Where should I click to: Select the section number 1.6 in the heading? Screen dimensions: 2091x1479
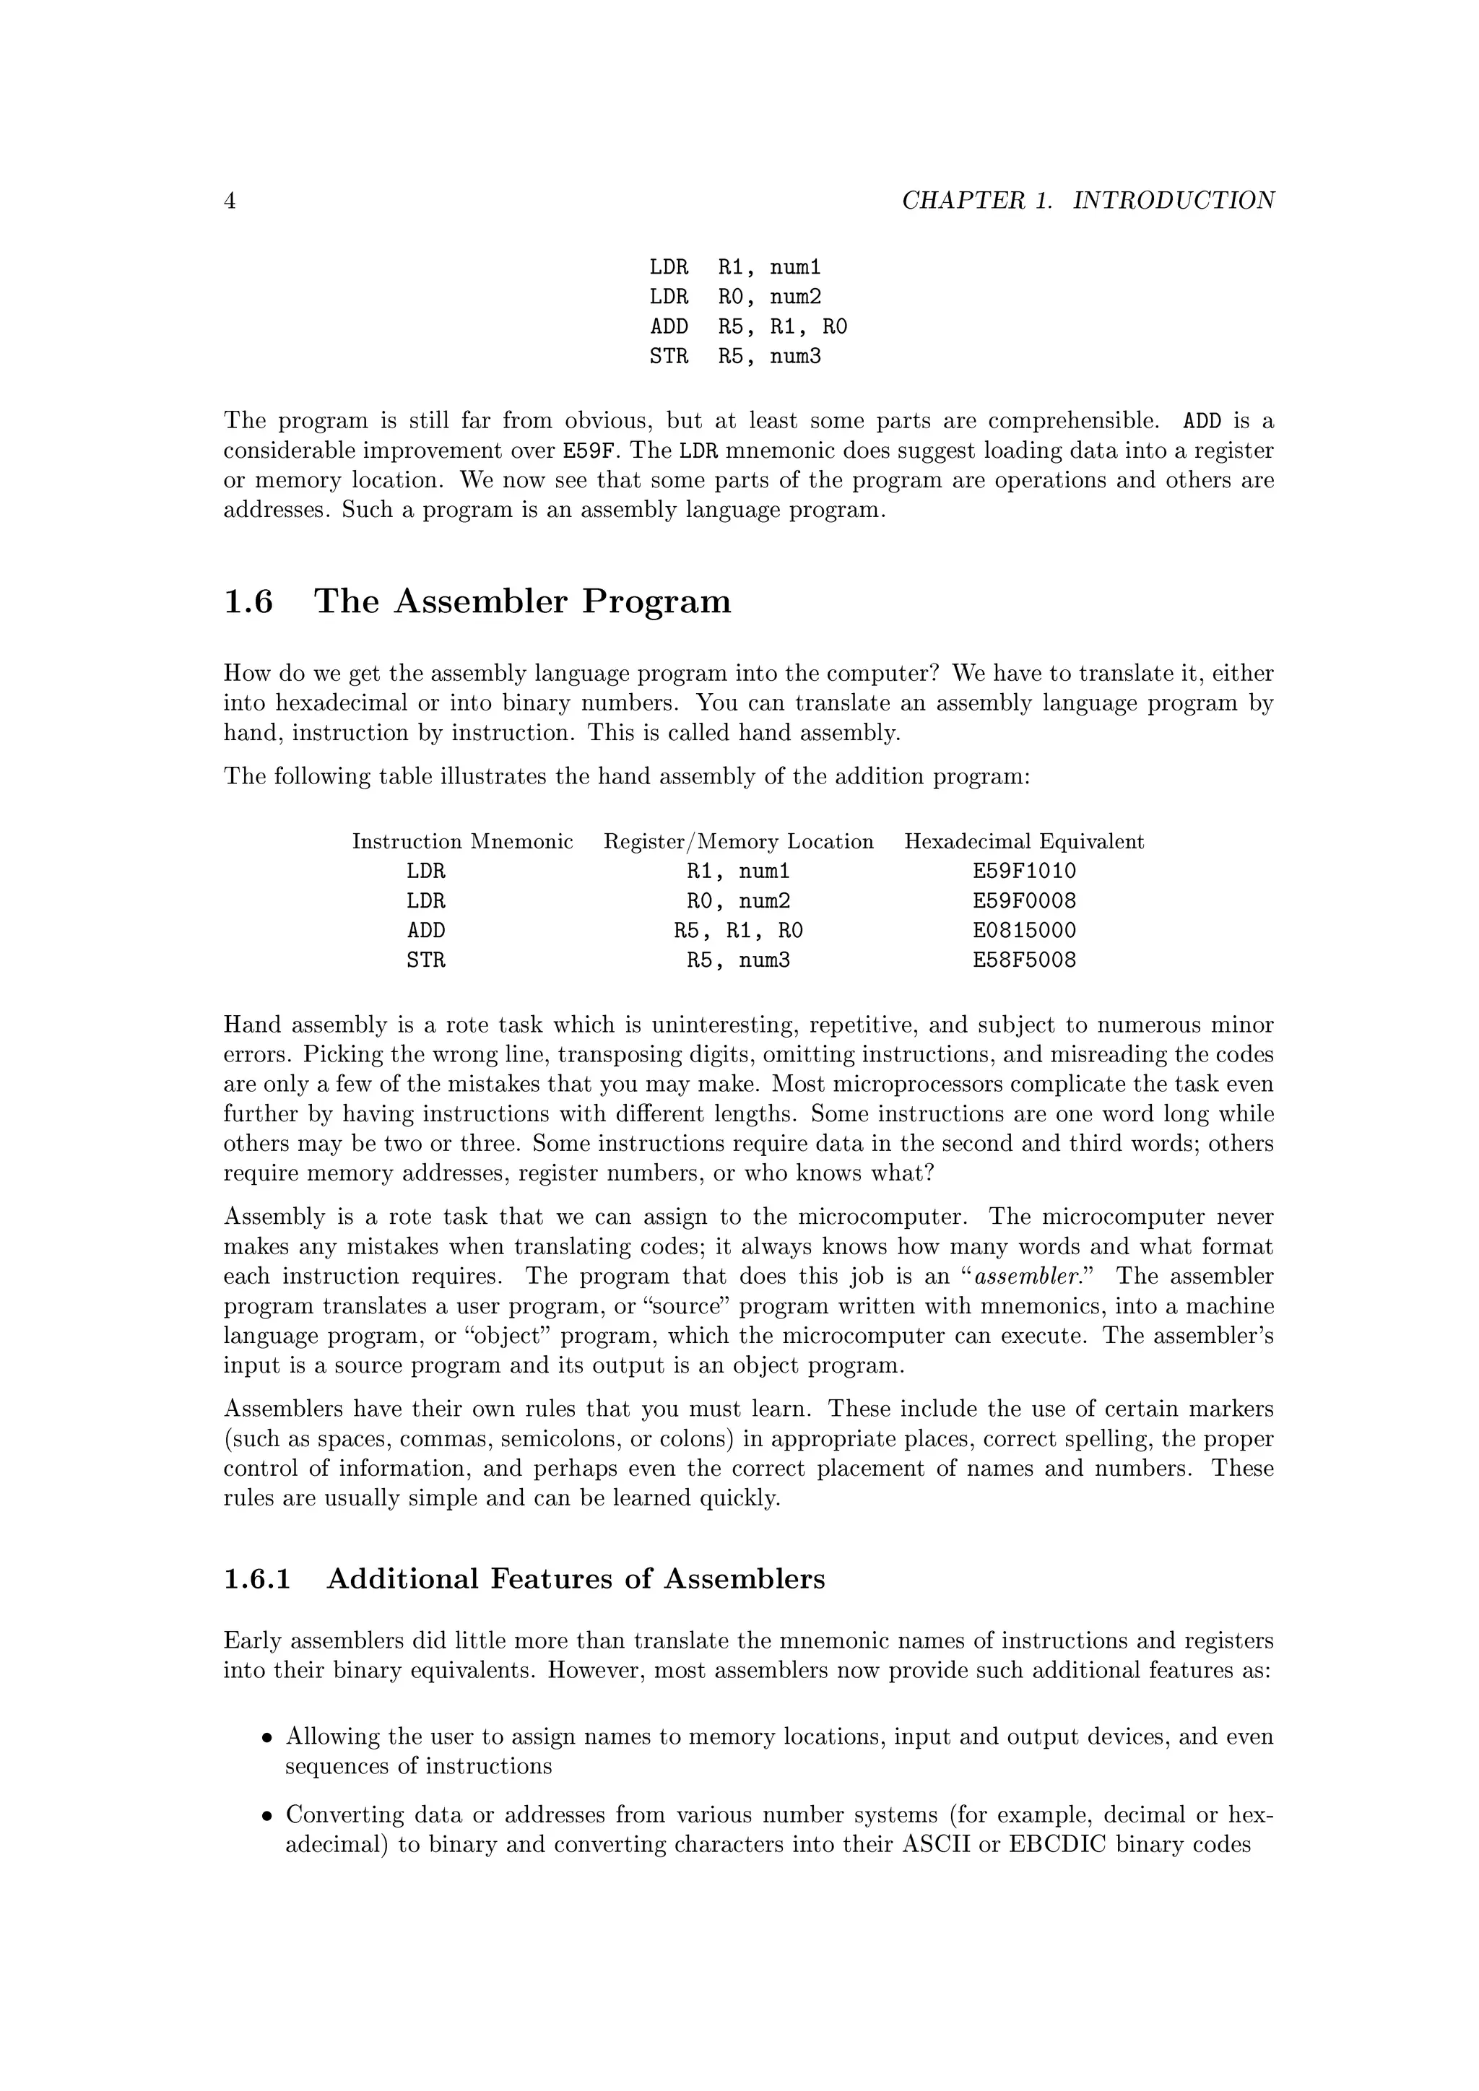tap(248, 602)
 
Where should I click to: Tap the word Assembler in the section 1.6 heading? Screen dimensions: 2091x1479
tap(481, 602)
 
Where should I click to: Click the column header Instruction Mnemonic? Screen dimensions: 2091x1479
tap(463, 841)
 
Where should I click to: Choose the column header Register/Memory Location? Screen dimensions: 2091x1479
tap(739, 841)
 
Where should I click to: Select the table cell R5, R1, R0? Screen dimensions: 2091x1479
tap(739, 931)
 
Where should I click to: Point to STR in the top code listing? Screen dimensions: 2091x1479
tap(669, 356)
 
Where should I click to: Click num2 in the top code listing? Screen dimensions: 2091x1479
tap(795, 297)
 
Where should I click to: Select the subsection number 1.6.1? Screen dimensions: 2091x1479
tap(257, 1579)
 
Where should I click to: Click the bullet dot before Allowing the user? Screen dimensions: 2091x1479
tap(266, 1738)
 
